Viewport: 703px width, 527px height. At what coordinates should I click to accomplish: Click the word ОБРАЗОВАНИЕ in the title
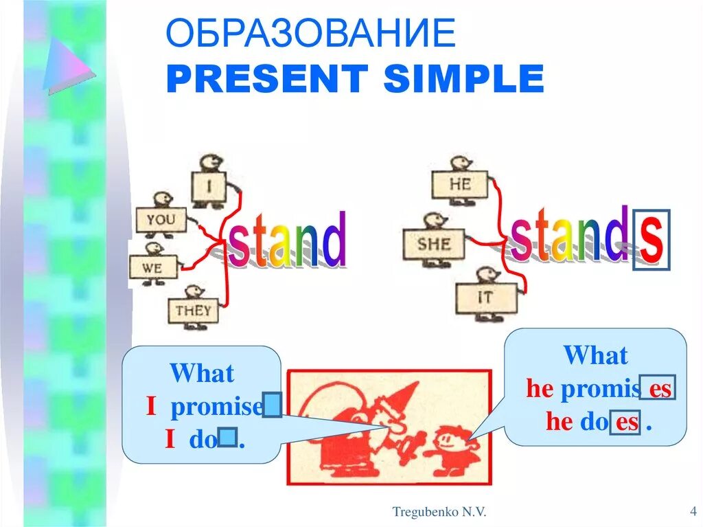pos(310,34)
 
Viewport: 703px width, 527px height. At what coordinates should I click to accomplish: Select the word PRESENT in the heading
pos(266,79)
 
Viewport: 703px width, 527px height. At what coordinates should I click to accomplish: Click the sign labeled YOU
pos(161,221)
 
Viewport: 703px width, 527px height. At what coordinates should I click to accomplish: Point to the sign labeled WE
pos(152,267)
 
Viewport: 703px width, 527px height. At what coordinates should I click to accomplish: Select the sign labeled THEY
pos(193,311)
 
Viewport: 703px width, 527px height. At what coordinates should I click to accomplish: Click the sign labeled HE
pos(459,184)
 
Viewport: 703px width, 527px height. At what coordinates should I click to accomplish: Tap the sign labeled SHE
pos(433,244)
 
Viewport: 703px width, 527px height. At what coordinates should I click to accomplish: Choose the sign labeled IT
pos(485,298)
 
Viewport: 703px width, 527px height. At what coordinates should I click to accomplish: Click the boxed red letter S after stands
pos(651,239)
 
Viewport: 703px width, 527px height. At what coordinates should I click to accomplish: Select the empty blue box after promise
pos(273,405)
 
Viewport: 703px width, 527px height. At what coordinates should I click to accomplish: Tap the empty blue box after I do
pos(229,437)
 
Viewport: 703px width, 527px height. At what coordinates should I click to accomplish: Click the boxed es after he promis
pos(659,389)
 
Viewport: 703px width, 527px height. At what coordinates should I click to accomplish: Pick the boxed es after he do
pos(626,421)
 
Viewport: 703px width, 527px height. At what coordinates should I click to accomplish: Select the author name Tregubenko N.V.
pos(439,511)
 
